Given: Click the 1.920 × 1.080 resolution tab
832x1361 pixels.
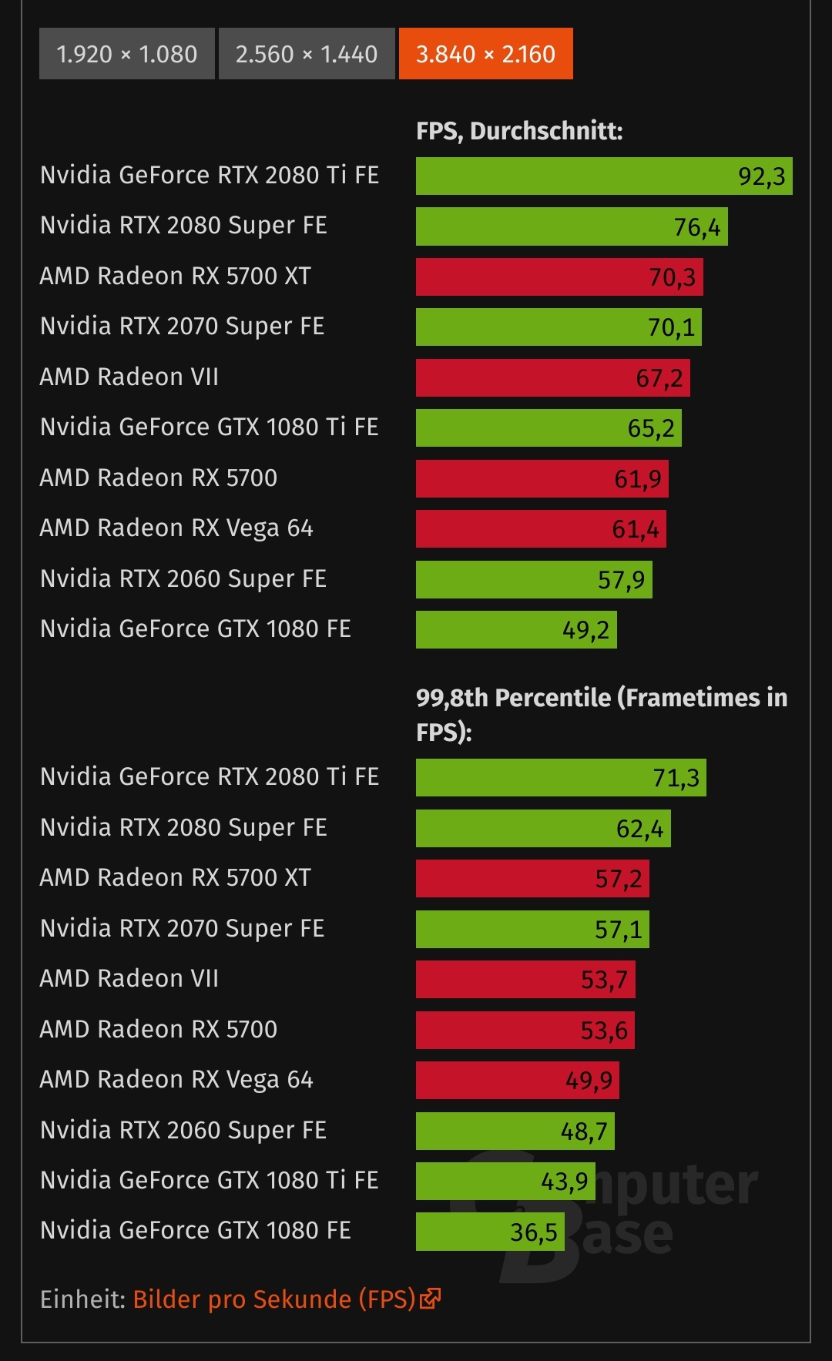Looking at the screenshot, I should [x=127, y=54].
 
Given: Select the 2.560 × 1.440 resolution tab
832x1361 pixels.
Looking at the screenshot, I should [x=307, y=54].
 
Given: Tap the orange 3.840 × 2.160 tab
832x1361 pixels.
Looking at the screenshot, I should [x=485, y=54].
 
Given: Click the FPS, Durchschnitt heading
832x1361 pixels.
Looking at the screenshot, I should [x=519, y=131].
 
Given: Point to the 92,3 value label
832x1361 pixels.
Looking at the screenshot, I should [x=761, y=176].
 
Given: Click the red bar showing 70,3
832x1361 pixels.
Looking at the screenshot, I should [x=559, y=277].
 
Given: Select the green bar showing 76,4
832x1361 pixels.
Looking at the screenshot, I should [x=571, y=227].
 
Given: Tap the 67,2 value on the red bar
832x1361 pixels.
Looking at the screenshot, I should [x=659, y=378].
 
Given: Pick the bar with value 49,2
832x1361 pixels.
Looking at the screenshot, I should [x=516, y=630].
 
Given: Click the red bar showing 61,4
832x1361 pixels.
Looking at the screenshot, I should [x=541, y=529].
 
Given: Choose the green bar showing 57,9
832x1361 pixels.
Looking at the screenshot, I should [x=534, y=579].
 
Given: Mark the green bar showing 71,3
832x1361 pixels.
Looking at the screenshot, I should [x=561, y=778].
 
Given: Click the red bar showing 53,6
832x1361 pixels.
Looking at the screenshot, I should [x=525, y=1031].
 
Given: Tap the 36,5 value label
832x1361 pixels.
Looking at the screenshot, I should [x=533, y=1232].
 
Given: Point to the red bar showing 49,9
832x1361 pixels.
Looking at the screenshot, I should [x=517, y=1081].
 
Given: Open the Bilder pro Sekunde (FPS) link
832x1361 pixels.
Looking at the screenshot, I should [x=273, y=1299].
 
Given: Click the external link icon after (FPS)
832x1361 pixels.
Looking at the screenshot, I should [x=430, y=1299].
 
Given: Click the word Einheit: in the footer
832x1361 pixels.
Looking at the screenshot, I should [x=82, y=1299].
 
